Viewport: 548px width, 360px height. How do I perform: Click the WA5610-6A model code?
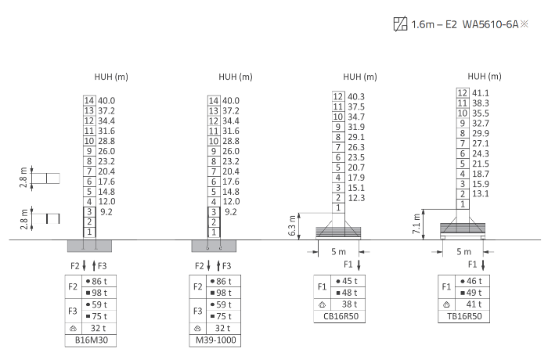click(490, 24)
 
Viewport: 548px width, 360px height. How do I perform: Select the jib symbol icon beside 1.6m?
click(400, 24)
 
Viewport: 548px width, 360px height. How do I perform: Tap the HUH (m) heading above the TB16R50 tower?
click(485, 76)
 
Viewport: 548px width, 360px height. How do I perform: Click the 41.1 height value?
click(481, 93)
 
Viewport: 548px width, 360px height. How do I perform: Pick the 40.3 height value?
click(355, 96)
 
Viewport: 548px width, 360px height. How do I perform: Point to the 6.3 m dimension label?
click(292, 225)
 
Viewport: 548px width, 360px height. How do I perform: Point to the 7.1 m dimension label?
click(416, 224)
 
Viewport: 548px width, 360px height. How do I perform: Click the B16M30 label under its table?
click(92, 340)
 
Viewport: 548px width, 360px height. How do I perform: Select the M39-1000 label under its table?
click(215, 340)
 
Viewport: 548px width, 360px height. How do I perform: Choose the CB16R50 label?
click(341, 316)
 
